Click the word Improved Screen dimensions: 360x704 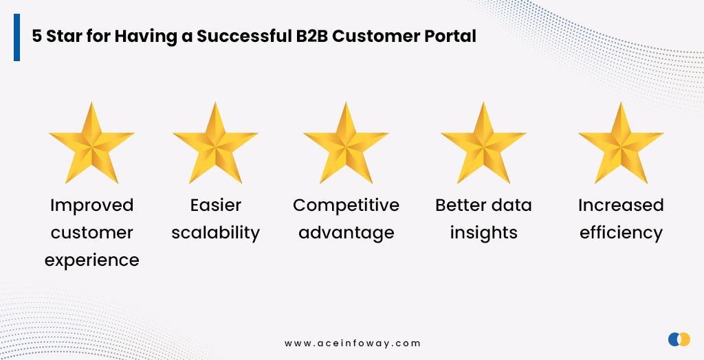91,205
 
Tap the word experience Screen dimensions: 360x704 91,260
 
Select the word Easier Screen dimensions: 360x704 215,205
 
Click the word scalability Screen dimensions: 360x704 215,233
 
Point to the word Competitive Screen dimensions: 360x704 346,205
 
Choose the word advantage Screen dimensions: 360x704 346,233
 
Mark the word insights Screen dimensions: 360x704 483,233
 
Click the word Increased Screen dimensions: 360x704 621,205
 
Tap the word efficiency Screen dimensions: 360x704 621,233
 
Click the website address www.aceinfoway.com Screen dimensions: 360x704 352,343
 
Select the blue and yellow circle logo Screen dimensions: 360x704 679,339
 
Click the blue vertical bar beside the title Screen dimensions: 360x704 16,37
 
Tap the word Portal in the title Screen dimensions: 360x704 451,36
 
